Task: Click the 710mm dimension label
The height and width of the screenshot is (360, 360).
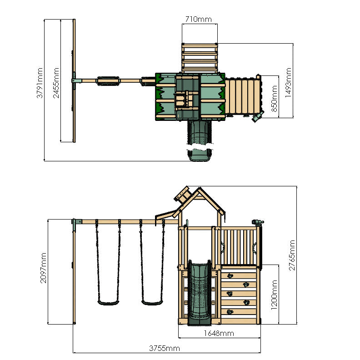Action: [x=198, y=19]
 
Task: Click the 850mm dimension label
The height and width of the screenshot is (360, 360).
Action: [x=274, y=97]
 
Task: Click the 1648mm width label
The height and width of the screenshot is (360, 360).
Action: [x=219, y=334]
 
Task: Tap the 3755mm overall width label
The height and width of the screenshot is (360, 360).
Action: [x=165, y=349]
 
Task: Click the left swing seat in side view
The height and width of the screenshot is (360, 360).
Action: [x=108, y=301]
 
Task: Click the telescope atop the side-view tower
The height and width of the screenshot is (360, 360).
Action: [x=257, y=222]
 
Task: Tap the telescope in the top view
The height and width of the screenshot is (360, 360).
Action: [x=258, y=118]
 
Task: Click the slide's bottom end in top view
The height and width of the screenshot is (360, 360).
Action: [x=200, y=155]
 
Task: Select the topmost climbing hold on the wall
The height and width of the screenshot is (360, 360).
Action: [x=230, y=275]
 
